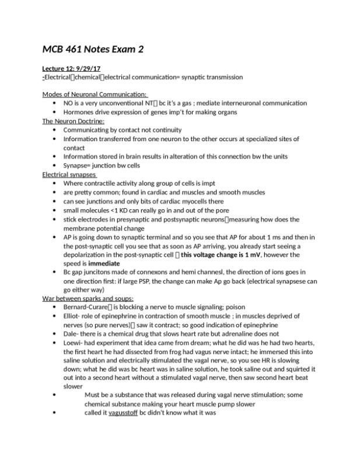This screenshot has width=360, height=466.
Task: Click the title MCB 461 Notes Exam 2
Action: (93, 50)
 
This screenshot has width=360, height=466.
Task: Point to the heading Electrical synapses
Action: (69, 174)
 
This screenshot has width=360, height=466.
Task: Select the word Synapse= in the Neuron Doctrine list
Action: (79, 166)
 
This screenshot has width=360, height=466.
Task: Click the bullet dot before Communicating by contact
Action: (54, 130)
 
